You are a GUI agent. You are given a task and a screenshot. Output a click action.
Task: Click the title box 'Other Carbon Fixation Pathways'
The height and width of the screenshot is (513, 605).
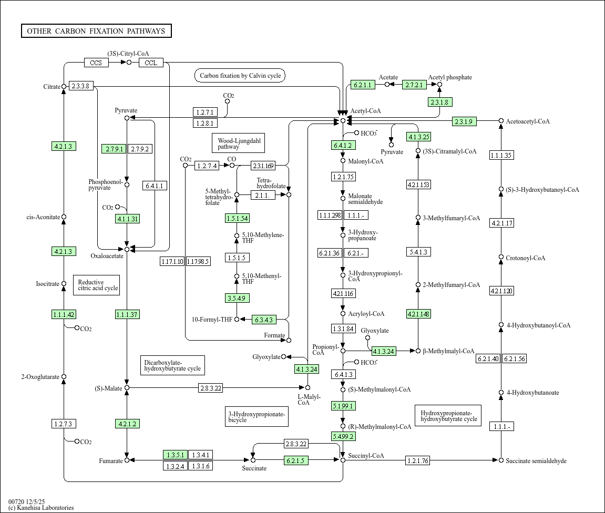coord(96,31)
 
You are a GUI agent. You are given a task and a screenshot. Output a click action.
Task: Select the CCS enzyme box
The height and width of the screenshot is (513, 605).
coord(96,63)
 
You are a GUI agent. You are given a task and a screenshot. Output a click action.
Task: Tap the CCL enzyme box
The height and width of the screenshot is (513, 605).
coord(151,63)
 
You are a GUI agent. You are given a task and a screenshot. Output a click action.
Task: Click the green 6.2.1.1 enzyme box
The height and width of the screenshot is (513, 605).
coord(363,85)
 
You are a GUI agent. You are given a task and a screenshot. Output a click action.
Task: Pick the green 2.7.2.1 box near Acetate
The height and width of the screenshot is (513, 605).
coord(415,85)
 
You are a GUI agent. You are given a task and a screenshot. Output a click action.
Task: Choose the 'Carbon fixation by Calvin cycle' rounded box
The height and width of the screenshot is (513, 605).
coord(240,76)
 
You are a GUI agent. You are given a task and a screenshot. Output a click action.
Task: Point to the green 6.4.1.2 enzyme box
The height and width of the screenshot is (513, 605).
coord(343,145)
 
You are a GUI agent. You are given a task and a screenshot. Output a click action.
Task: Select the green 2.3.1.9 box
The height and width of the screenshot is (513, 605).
coord(465,121)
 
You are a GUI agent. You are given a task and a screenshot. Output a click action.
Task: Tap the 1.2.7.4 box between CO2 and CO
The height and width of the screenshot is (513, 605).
coord(207,166)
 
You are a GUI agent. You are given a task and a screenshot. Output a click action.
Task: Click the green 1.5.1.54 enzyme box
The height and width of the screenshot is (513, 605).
coord(237,218)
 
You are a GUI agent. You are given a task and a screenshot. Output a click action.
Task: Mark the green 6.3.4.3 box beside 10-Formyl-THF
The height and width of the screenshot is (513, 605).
coord(264,319)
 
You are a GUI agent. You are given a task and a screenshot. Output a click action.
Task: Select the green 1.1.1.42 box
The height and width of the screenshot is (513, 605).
coord(64,314)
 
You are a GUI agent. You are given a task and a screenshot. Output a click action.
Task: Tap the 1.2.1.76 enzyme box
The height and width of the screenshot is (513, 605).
coord(417,460)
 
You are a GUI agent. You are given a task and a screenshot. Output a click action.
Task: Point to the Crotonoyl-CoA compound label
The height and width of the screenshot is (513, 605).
coord(525,258)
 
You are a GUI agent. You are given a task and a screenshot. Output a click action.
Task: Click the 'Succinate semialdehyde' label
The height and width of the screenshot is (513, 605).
coord(536,461)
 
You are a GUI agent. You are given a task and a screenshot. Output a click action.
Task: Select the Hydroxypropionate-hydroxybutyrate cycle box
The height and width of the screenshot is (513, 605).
coord(449,416)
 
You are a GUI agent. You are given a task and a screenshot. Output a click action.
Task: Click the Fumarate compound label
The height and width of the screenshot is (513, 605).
coord(110,461)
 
